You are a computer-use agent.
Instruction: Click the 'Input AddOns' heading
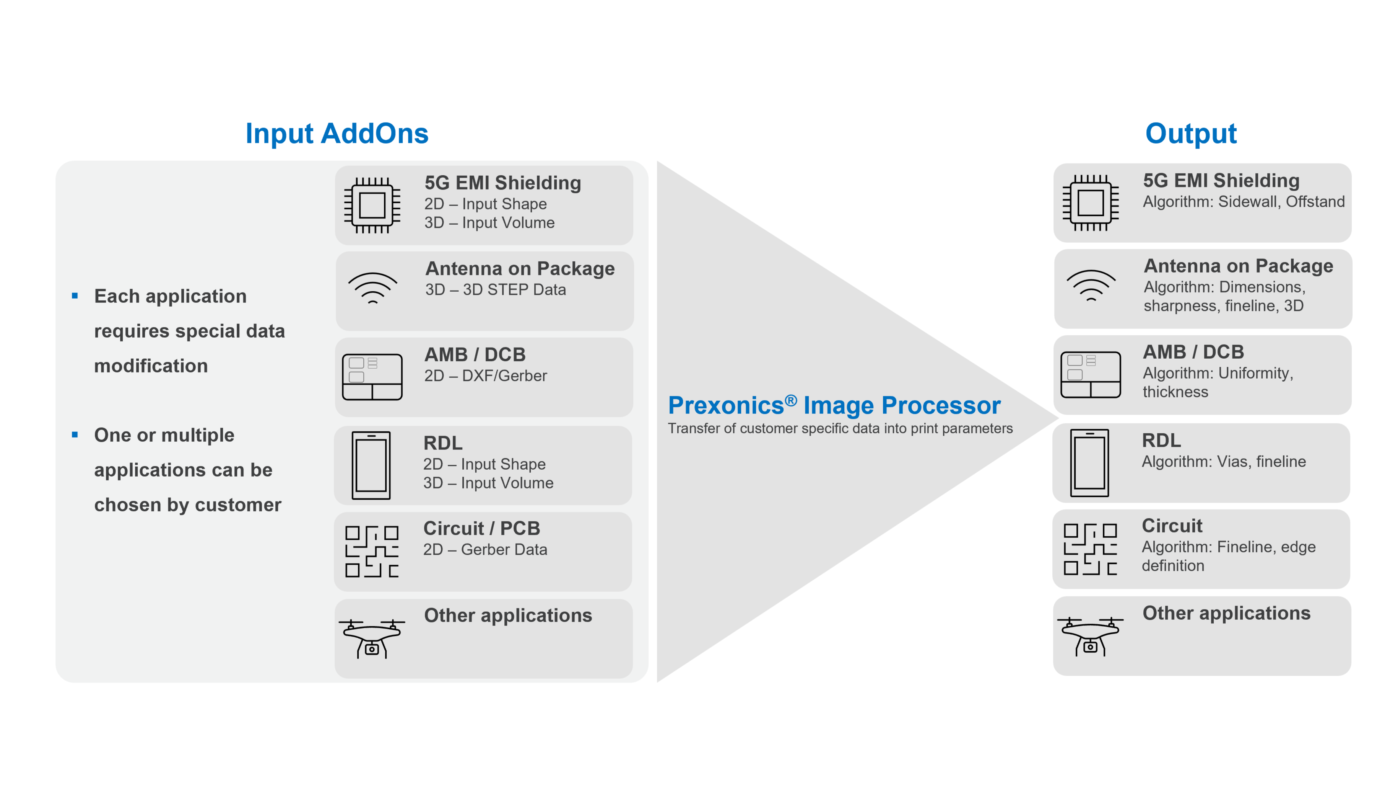(336, 134)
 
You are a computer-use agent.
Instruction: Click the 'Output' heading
(1191, 134)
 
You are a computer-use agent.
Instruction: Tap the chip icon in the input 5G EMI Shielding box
(372, 205)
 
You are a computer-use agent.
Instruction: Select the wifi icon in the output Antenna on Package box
(1091, 285)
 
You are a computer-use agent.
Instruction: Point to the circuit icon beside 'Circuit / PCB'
(372, 551)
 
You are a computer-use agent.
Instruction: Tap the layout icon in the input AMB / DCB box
(372, 376)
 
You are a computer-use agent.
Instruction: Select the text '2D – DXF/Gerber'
(485, 376)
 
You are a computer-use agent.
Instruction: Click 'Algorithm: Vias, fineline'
(1223, 462)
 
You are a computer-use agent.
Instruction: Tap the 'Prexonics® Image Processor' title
(834, 406)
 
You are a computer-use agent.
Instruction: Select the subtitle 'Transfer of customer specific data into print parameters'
(840, 429)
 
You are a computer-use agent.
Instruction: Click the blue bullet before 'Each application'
(75, 296)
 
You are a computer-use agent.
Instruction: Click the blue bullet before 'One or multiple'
(75, 434)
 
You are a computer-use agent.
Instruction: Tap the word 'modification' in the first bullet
(151, 366)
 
